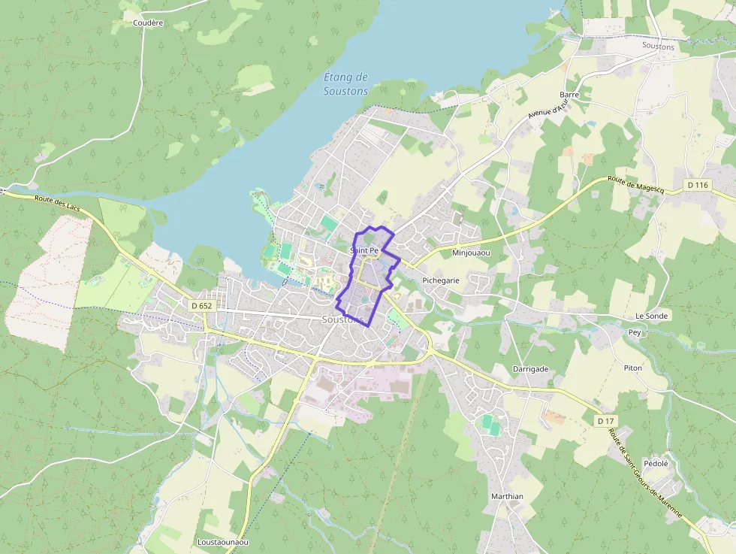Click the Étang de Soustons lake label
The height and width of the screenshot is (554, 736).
click(x=345, y=83)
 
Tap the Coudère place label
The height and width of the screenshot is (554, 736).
click(x=148, y=23)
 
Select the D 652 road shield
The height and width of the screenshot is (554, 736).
click(x=202, y=305)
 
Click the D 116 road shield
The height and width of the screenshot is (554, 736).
click(x=697, y=185)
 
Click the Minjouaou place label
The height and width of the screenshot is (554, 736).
click(x=471, y=253)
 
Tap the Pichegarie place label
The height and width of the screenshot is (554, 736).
click(x=441, y=280)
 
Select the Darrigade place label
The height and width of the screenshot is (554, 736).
click(x=530, y=369)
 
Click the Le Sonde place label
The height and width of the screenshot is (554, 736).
click(x=651, y=316)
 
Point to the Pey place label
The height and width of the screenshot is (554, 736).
click(x=635, y=331)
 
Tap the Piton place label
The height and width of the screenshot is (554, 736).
click(x=633, y=368)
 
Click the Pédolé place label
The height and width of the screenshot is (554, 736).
click(x=656, y=464)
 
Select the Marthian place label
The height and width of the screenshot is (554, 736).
click(x=507, y=497)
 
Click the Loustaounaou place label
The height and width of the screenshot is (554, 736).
click(x=222, y=542)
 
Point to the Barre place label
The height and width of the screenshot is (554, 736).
click(x=569, y=95)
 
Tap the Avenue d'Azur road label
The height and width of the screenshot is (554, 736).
click(x=546, y=106)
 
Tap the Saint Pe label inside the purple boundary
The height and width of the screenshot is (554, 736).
click(x=364, y=250)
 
